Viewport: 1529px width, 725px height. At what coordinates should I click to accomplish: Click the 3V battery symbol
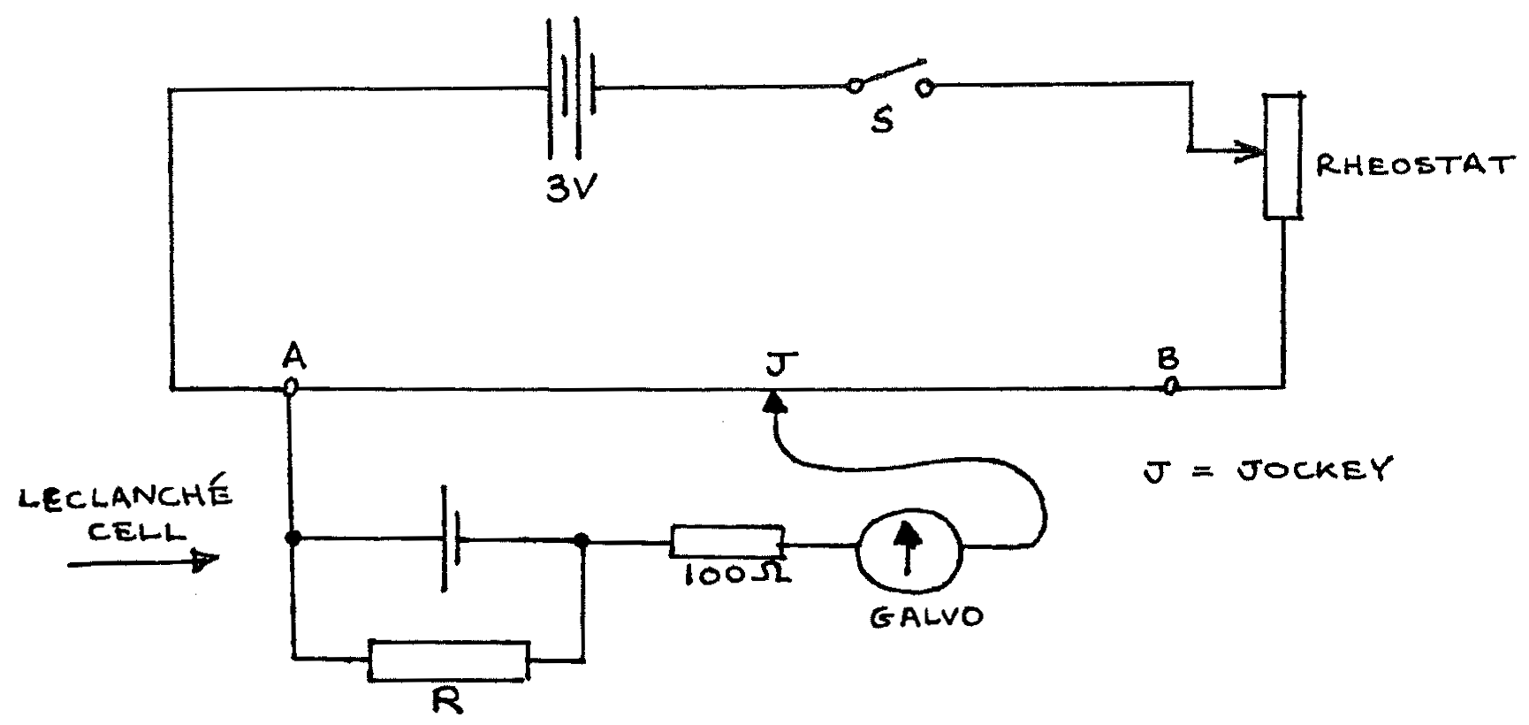tap(571, 88)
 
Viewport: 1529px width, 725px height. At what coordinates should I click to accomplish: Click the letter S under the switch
tap(881, 121)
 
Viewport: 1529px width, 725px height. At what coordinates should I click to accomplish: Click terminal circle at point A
tap(289, 387)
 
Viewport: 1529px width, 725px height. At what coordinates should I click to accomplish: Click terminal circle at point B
tap(1168, 385)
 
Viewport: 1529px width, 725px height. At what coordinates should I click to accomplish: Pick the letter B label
tap(1168, 359)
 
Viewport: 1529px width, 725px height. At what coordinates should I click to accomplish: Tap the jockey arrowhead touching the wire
tap(775, 403)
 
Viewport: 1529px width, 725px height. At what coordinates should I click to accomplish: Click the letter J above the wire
tap(782, 363)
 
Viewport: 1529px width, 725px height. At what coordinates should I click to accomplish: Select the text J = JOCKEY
tap(1266, 469)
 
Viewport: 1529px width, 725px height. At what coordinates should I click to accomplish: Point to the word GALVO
tap(925, 616)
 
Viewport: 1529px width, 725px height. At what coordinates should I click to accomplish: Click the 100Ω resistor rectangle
tap(726, 541)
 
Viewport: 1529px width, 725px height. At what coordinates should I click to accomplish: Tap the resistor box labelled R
tap(449, 660)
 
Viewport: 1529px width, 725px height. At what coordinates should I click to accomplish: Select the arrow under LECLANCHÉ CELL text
tap(141, 561)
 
